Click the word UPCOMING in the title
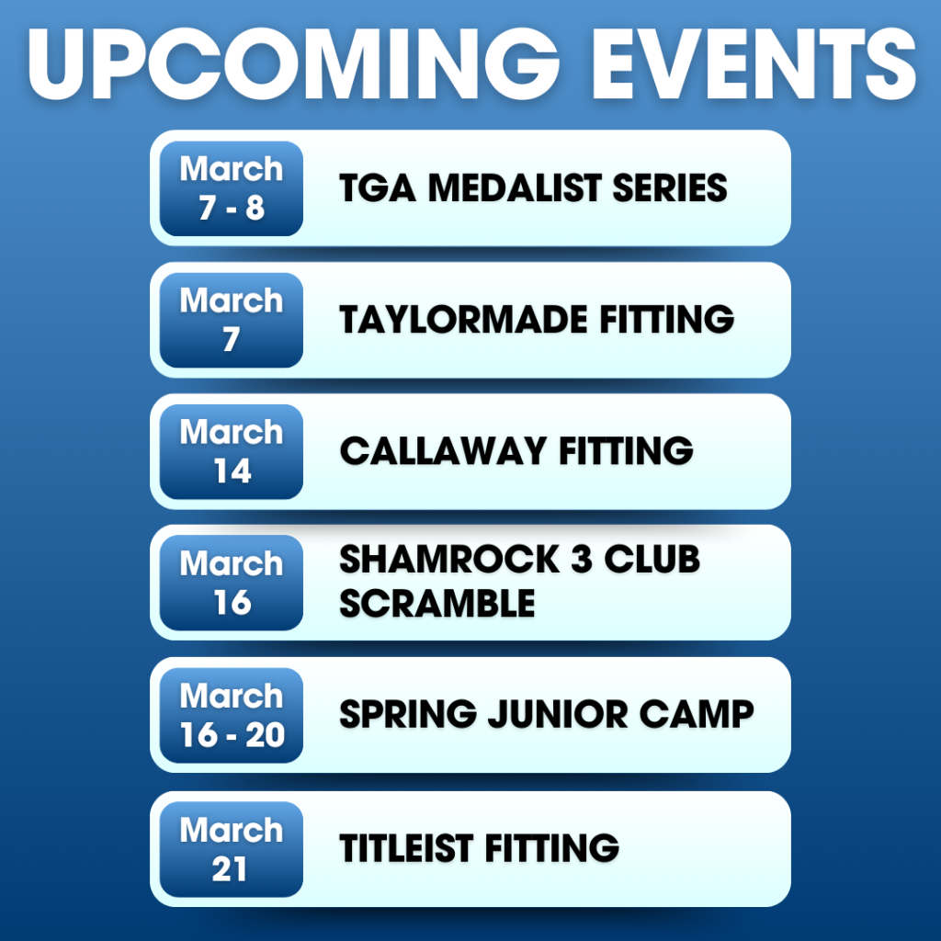click(293, 63)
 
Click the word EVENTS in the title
click(754, 63)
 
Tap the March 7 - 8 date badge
click(231, 188)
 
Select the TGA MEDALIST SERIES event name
click(533, 187)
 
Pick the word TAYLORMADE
click(463, 319)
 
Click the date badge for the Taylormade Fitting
click(231, 320)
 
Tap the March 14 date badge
click(231, 451)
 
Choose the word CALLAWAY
click(443, 450)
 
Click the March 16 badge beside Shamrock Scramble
click(231, 583)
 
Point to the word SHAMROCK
click(449, 560)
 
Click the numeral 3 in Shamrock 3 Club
click(581, 560)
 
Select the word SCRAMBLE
click(436, 603)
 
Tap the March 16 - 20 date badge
click(231, 715)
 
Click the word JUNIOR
click(558, 714)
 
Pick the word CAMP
click(697, 714)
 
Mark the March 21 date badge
click(231, 849)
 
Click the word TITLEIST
click(406, 848)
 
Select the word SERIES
click(670, 187)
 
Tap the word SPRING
click(408, 714)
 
